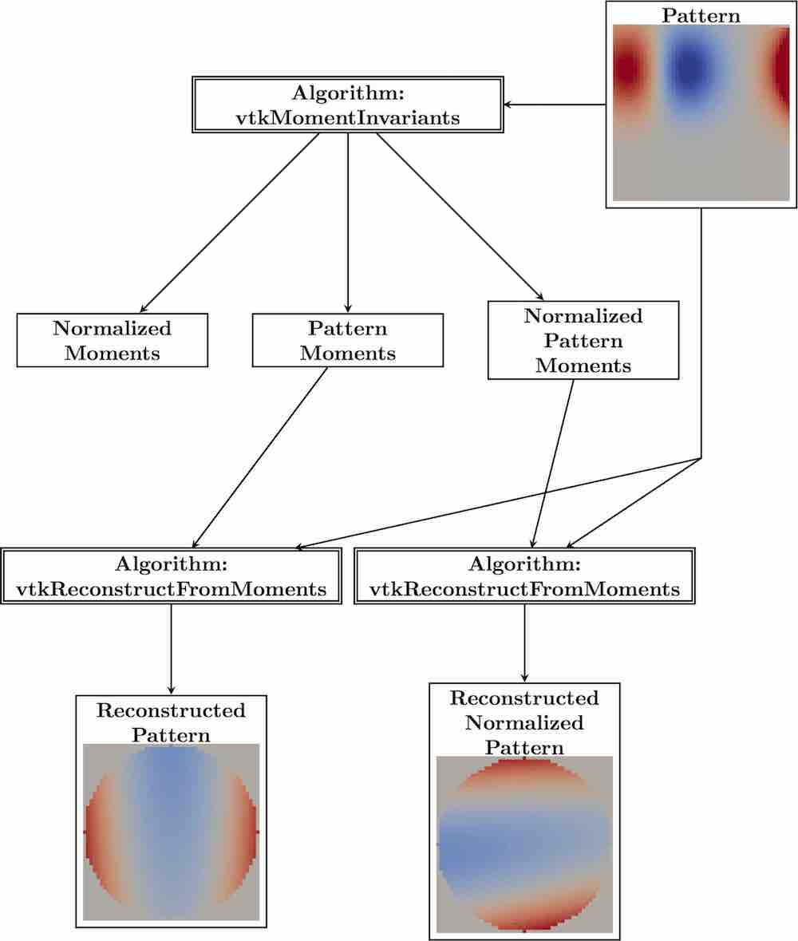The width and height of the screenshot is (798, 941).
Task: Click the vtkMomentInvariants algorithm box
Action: pyautogui.click(x=347, y=105)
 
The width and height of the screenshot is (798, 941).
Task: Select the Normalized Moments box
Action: pyautogui.click(x=113, y=340)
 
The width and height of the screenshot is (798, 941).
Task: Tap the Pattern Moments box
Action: pyautogui.click(x=347, y=340)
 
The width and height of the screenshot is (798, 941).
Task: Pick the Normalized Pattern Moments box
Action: pyautogui.click(x=583, y=340)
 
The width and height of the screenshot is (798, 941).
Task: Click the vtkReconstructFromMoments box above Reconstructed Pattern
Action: pyautogui.click(x=171, y=576)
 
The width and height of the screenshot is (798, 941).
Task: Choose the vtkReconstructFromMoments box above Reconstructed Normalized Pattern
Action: pyautogui.click(x=524, y=576)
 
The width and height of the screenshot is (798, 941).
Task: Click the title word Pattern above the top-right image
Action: pyautogui.click(x=701, y=15)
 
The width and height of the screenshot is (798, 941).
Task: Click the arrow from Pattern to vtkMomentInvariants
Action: pyautogui.click(x=555, y=105)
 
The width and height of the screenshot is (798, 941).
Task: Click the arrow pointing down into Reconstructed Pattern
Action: pyautogui.click(x=171, y=650)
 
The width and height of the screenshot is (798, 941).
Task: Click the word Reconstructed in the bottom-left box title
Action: pyautogui.click(x=171, y=710)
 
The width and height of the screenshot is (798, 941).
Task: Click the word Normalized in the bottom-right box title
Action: pyautogui.click(x=524, y=723)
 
